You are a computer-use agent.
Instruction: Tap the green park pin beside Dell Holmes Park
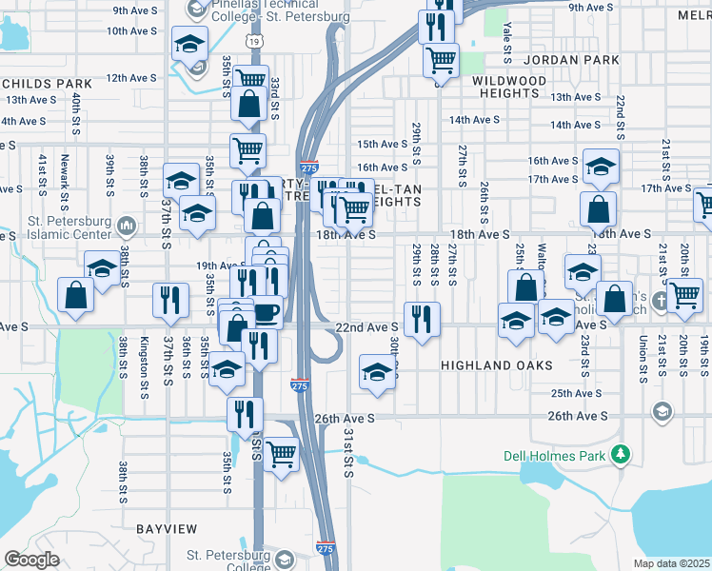tap(622, 454)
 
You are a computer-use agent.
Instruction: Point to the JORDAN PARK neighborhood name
tap(571, 60)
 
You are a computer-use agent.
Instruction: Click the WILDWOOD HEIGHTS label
tap(508, 88)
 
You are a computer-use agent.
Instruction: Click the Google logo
tap(32, 559)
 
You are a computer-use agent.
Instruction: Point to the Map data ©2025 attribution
tap(672, 563)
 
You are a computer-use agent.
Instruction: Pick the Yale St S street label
tap(507, 38)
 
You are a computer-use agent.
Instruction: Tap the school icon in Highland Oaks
tap(377, 372)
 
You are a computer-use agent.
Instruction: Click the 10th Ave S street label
tap(131, 31)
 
